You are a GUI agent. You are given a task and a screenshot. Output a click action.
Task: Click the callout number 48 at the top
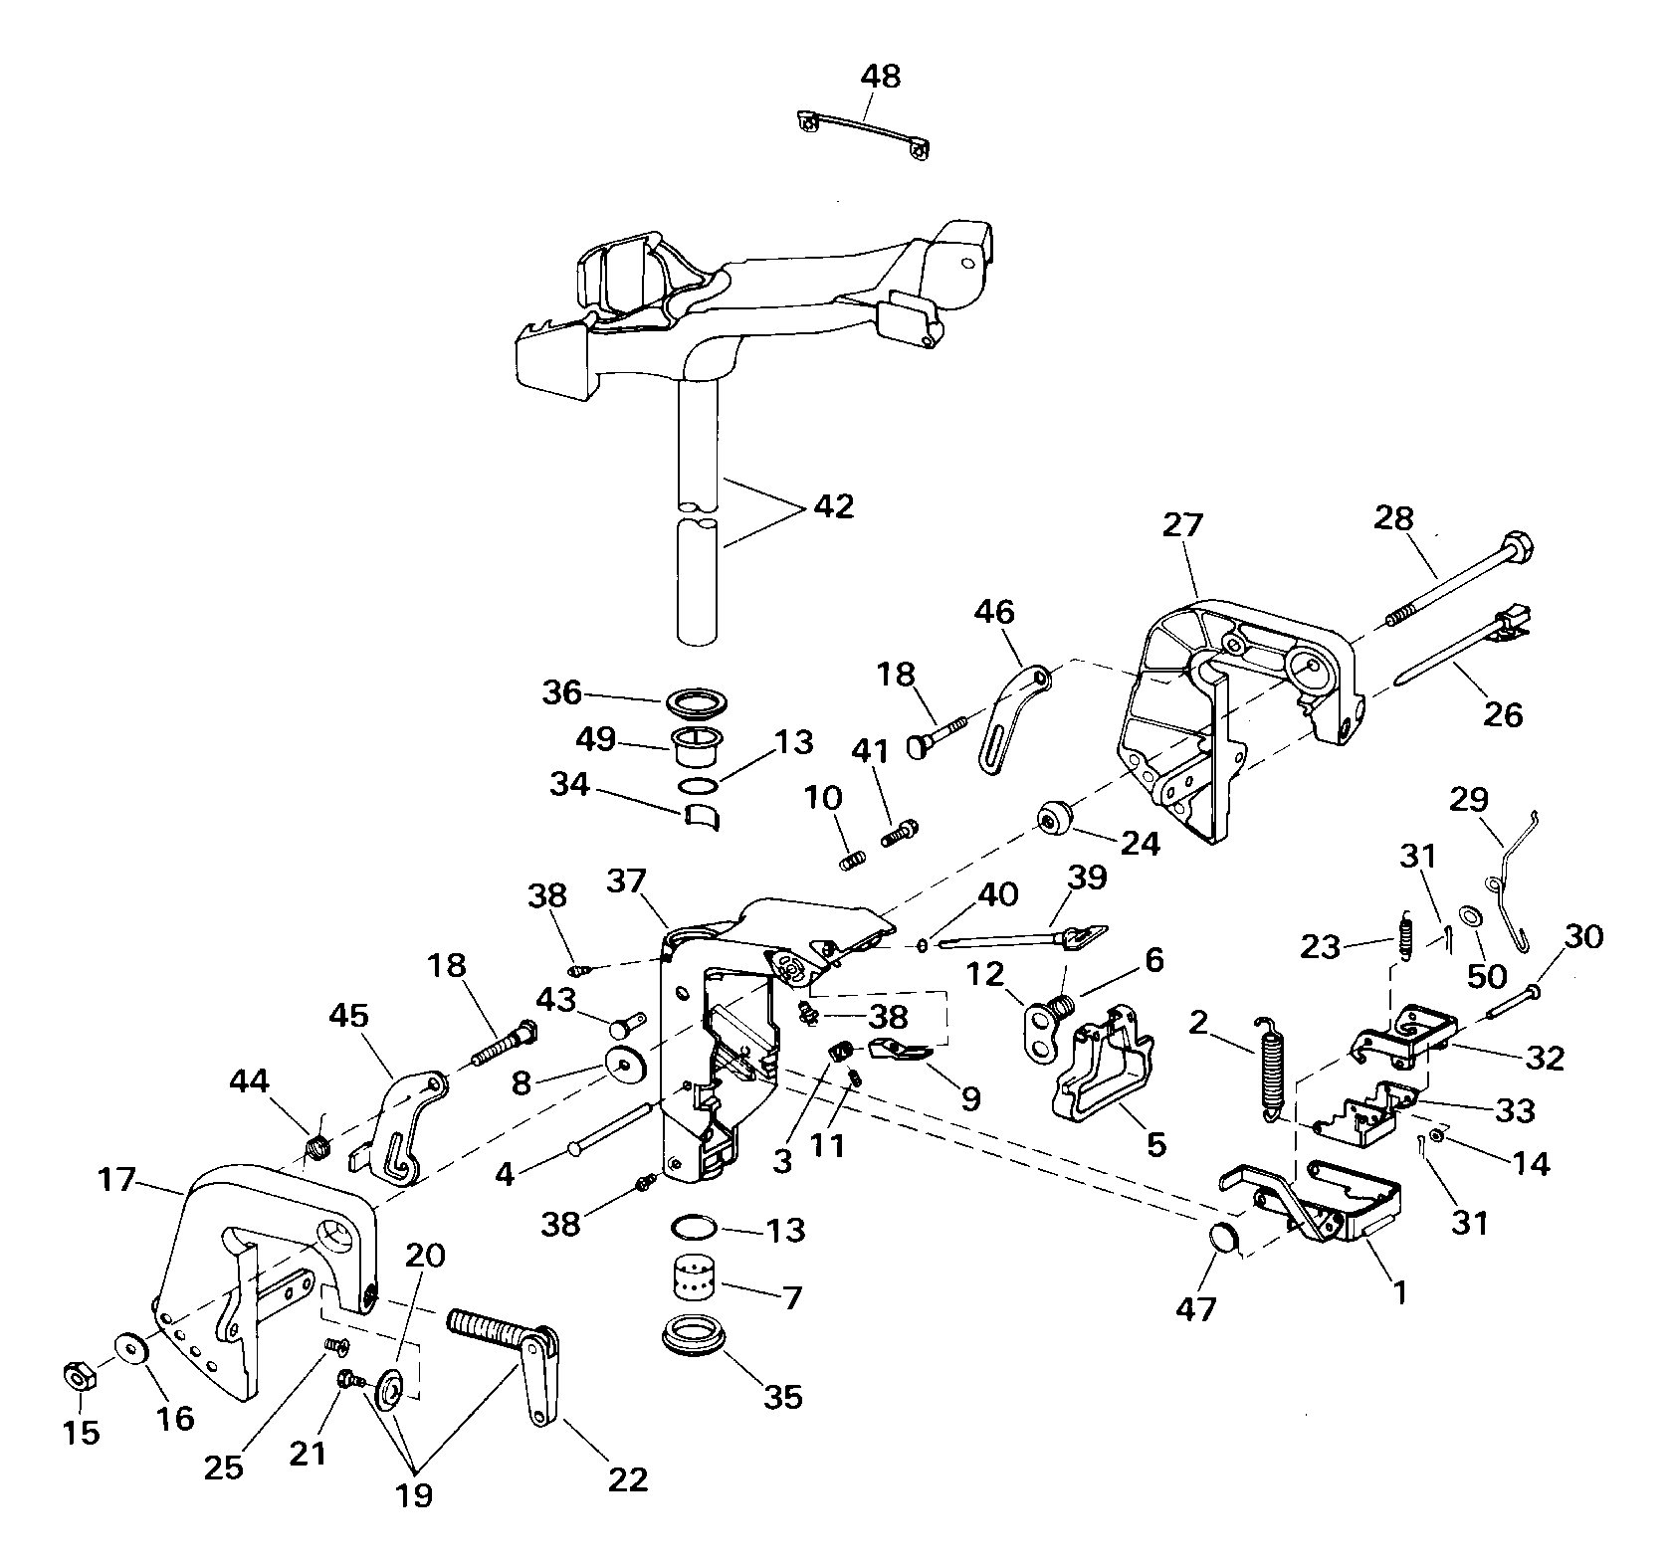point(879,77)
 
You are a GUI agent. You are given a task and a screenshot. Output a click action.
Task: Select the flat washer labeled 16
point(131,1349)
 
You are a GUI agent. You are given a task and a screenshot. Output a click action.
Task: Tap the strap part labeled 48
point(865,137)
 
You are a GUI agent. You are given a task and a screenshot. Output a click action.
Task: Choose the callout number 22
point(628,1479)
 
